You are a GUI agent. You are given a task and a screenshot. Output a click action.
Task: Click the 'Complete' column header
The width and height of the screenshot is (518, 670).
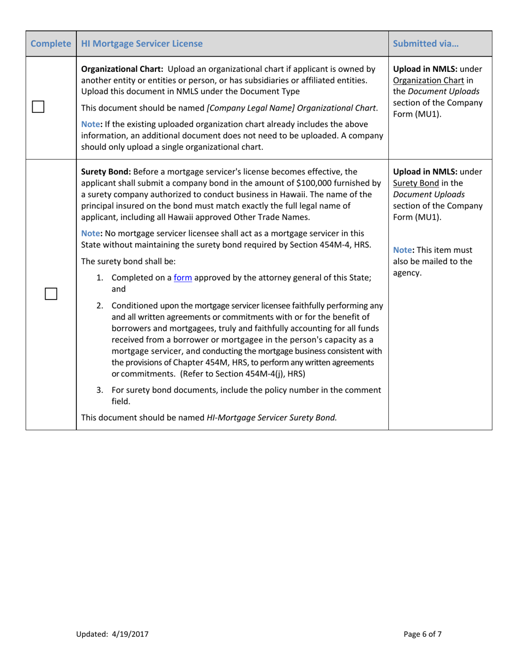pos(50,44)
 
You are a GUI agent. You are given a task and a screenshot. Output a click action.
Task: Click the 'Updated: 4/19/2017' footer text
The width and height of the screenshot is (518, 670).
pos(112,634)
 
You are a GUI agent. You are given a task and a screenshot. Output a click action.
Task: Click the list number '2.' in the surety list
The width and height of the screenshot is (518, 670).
pos(100,305)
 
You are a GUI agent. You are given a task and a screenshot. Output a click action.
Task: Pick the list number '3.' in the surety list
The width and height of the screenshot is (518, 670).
pos(100,390)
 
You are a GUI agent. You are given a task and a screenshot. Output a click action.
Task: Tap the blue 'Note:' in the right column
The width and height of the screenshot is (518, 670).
pos(403,249)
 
